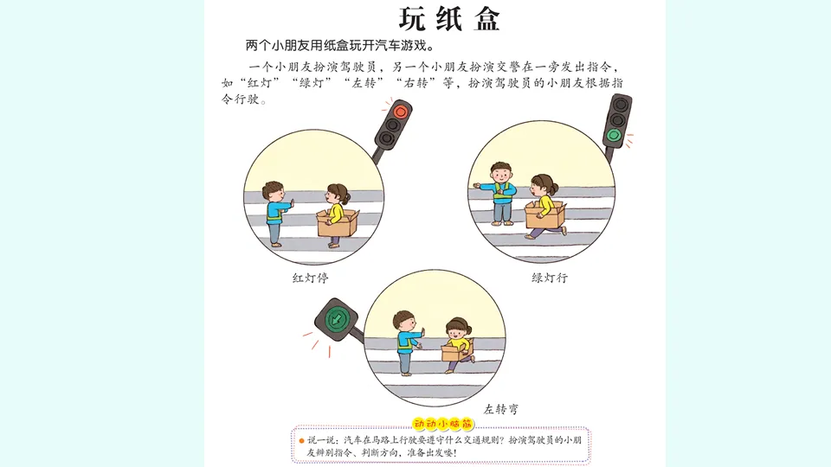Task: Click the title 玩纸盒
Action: point(449,19)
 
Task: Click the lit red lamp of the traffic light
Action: point(400,112)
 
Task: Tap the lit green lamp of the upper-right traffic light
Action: point(615,135)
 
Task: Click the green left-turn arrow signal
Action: point(336,319)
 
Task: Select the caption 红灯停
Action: point(311,278)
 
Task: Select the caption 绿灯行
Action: point(550,278)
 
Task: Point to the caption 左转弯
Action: point(501,409)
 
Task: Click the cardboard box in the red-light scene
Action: point(338,223)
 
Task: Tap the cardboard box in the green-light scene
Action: point(544,215)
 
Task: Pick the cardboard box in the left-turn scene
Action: point(456,350)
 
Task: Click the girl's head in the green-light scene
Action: point(544,185)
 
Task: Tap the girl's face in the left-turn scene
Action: point(455,332)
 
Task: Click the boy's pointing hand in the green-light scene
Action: point(476,185)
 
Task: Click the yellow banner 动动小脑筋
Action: point(442,424)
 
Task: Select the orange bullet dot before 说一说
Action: point(301,440)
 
